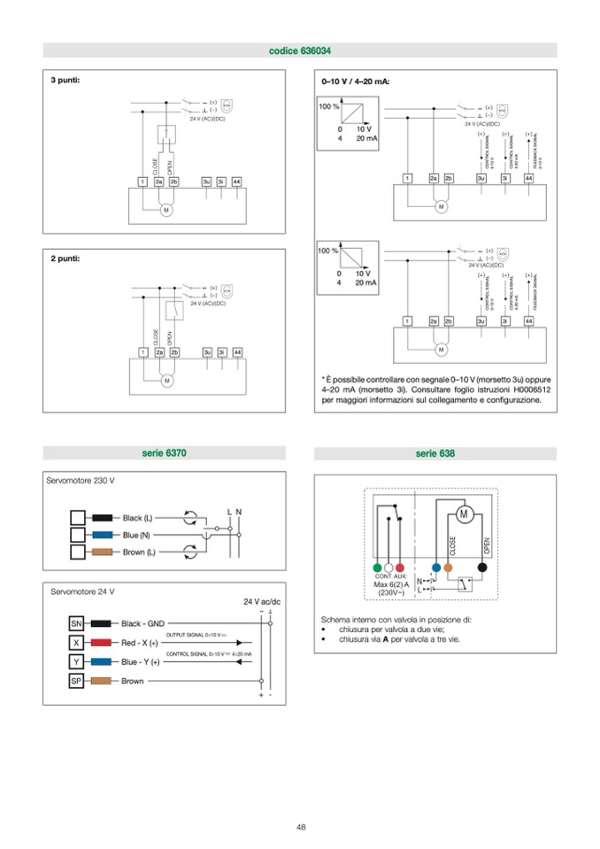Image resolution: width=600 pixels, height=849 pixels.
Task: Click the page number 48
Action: pos(301,827)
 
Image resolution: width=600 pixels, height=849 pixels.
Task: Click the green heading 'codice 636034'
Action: pos(300,51)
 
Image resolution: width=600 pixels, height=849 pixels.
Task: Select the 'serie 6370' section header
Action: pos(164,454)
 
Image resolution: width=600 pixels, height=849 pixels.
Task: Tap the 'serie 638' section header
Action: pos(435,454)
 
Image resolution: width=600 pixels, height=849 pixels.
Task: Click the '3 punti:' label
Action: pos(65,80)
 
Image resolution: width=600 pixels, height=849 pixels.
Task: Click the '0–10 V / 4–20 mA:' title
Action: pos(355,81)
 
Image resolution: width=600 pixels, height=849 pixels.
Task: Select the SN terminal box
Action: pos(77,623)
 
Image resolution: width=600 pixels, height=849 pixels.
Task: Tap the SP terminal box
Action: pos(77,681)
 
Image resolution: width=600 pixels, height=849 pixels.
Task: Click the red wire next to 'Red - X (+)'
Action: pos(102,643)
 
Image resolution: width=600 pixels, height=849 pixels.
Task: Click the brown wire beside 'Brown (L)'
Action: pos(103,552)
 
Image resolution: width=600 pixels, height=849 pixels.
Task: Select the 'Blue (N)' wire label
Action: pos(137,535)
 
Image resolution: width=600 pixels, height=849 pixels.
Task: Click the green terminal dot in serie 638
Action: pos(377,567)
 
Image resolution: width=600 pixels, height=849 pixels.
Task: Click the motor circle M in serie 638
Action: pos(462,514)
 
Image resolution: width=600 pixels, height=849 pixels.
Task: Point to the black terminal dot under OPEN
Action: pos(482,567)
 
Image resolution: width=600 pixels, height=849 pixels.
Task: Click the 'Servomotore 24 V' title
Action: pos(82,590)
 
